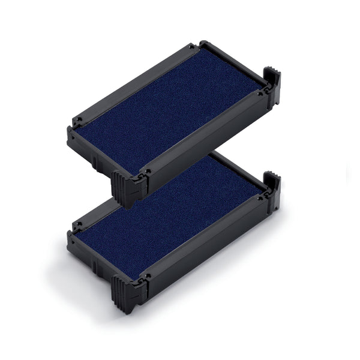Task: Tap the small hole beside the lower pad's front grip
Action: (144, 278)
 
